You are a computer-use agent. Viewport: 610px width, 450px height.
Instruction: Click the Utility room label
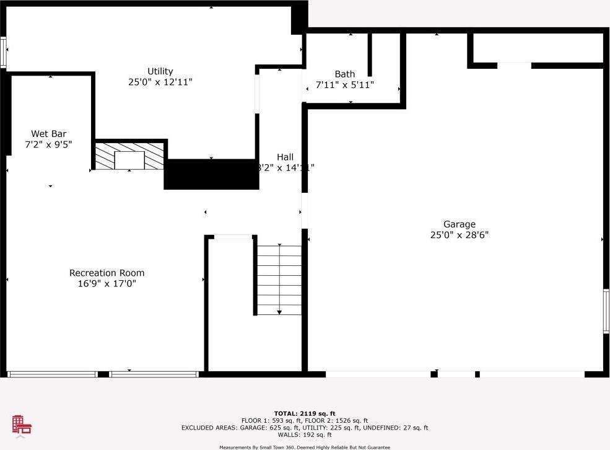click(x=160, y=71)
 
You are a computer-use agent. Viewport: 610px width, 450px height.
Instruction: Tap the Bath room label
click(x=345, y=74)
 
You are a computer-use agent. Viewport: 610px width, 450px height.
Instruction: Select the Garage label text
click(x=459, y=224)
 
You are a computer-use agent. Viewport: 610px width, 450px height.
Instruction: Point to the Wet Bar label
click(x=49, y=134)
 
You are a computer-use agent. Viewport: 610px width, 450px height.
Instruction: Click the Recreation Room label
click(x=107, y=273)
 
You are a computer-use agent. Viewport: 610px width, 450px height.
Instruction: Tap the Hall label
click(x=285, y=157)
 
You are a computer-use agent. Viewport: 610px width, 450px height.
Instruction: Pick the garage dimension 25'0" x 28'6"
click(x=459, y=235)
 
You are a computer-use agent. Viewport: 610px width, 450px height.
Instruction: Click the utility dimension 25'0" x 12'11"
click(x=160, y=82)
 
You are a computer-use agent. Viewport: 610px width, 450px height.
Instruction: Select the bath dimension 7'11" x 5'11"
click(x=345, y=85)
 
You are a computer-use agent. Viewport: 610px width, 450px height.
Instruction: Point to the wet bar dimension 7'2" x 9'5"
click(x=49, y=144)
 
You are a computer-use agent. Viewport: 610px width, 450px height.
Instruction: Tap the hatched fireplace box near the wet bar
click(x=129, y=156)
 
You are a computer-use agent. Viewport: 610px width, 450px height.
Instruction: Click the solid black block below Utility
click(x=211, y=174)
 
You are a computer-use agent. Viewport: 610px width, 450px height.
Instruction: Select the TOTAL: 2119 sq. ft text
click(x=305, y=413)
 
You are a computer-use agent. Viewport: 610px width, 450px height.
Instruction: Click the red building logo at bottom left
click(x=22, y=425)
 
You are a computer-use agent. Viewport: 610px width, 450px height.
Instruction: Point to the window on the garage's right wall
click(x=606, y=312)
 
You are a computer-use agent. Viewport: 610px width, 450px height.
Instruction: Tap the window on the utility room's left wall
click(x=3, y=53)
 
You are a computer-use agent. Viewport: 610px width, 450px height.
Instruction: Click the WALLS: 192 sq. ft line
click(x=305, y=435)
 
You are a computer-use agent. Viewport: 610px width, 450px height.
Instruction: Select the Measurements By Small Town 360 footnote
click(x=305, y=447)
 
